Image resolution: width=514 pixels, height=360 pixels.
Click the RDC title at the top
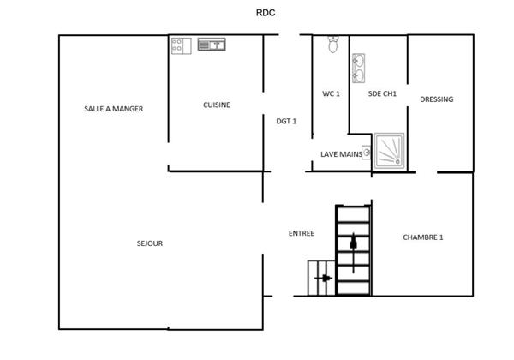(265, 13)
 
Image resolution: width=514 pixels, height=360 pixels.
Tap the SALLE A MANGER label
(113, 109)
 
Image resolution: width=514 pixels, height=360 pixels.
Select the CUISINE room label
(216, 105)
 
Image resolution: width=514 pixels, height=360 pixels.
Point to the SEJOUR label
(149, 243)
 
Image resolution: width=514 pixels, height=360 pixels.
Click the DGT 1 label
(286, 121)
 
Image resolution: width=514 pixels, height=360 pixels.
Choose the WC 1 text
(331, 94)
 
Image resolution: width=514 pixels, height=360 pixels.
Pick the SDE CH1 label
(382, 94)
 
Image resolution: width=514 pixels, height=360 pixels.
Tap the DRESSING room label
(437, 99)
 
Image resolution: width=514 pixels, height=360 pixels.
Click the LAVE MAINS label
(340, 154)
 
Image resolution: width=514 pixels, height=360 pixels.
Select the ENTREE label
(301, 233)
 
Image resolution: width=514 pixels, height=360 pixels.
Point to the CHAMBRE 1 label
(423, 237)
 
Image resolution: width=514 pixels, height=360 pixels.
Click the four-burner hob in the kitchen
(180, 45)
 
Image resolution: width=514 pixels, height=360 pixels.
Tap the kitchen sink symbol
(211, 44)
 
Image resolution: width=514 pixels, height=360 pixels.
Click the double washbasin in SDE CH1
(358, 67)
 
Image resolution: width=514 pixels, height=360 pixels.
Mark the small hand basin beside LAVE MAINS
(367, 153)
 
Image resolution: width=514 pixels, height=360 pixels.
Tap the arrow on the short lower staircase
(324, 278)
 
